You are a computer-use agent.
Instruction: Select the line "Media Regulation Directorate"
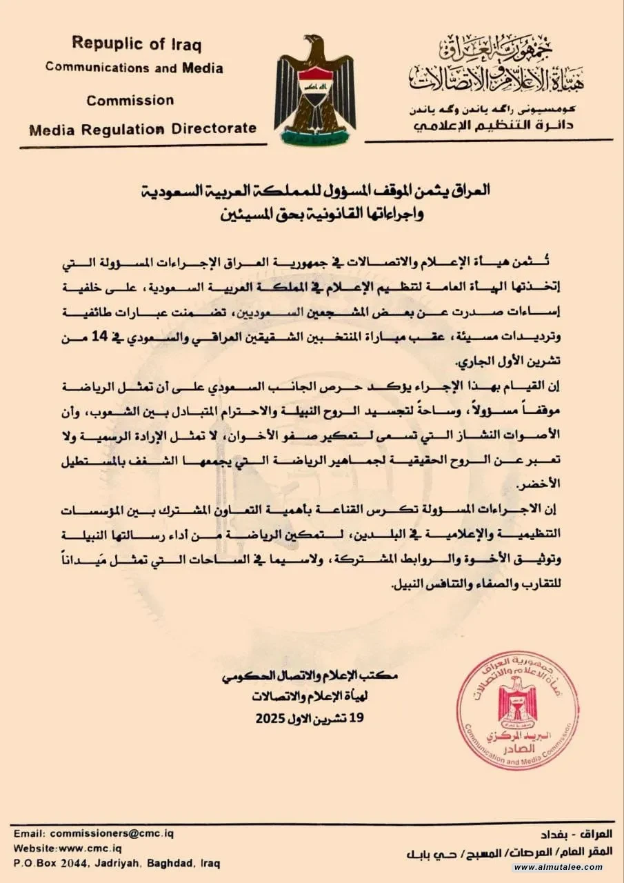coord(143,128)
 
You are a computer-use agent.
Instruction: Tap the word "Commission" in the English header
coord(130,100)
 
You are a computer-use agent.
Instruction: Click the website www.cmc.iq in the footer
coord(86,849)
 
